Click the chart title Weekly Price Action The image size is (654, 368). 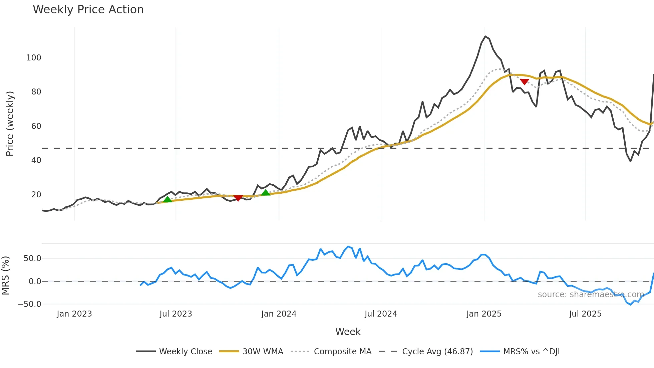click(x=88, y=10)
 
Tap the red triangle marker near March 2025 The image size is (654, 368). click(x=524, y=82)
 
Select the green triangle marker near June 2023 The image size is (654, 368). click(x=168, y=199)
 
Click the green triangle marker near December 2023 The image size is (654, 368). click(x=266, y=193)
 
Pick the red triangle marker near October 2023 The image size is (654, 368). click(x=238, y=198)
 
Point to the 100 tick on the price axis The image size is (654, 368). click(x=34, y=58)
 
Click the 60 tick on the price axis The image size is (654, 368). click(x=36, y=126)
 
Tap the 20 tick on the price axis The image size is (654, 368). click(x=36, y=195)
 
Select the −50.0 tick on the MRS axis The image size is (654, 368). click(x=29, y=304)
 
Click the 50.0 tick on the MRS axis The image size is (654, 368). click(x=32, y=258)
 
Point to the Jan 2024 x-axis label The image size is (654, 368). click(x=279, y=314)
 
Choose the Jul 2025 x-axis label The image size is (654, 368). click(x=585, y=314)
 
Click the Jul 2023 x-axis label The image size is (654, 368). click(x=176, y=314)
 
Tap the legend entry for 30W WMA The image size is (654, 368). click(x=263, y=352)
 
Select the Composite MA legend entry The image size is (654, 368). click(x=342, y=352)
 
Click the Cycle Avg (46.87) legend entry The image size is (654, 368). click(x=437, y=352)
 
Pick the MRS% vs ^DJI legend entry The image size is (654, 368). click(x=531, y=352)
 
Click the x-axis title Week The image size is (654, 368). click(x=348, y=332)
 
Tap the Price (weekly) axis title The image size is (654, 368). click(x=10, y=124)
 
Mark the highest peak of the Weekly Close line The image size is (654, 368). click(x=485, y=36)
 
